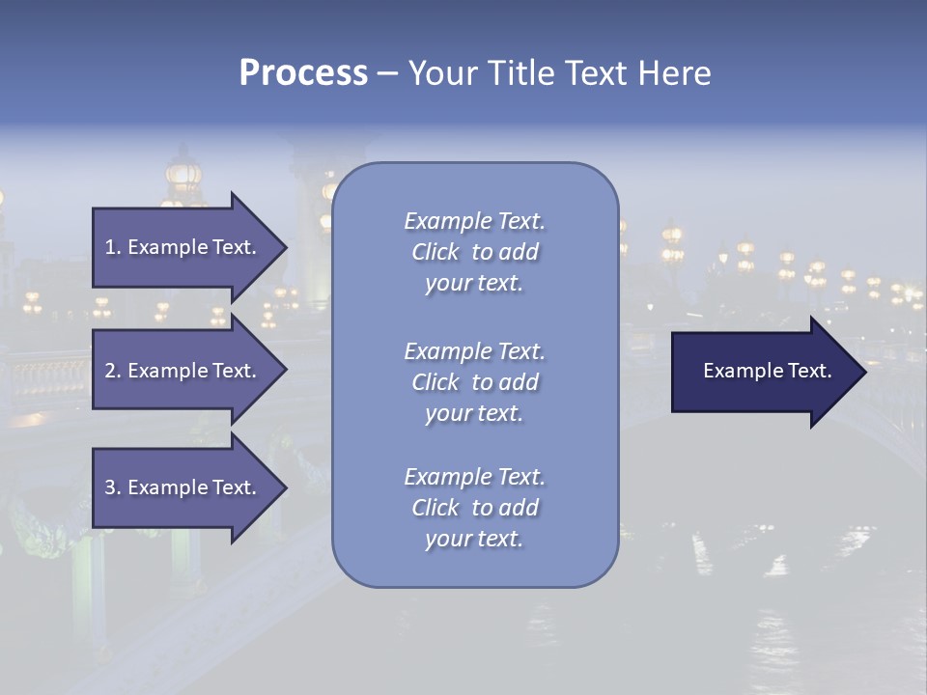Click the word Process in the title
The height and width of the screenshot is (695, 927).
point(303,73)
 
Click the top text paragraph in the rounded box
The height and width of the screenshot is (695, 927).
point(474,252)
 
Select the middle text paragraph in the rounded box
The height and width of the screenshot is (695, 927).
point(474,382)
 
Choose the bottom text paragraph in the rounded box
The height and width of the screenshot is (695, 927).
point(474,508)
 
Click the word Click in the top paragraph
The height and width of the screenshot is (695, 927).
point(435,253)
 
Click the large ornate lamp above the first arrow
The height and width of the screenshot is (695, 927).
point(183,177)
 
